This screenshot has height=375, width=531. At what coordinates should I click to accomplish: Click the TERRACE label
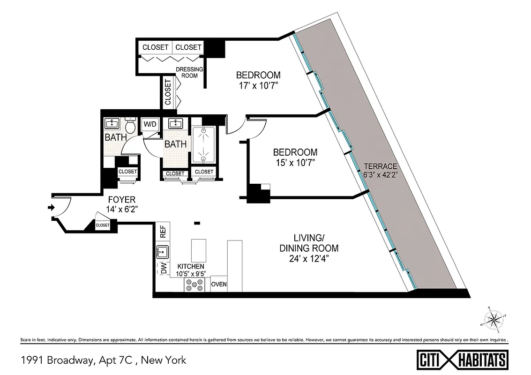point(381,166)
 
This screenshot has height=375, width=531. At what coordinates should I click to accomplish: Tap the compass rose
point(494,320)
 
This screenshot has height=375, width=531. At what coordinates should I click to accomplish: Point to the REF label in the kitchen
point(163,232)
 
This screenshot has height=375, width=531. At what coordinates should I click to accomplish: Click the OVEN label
point(219,285)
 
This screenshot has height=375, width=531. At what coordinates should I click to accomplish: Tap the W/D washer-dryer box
point(150,124)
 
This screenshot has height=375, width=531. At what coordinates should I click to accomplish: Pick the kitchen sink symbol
point(162,252)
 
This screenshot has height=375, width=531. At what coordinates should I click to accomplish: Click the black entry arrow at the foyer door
point(51,208)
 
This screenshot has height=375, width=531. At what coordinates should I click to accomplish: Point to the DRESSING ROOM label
point(189,73)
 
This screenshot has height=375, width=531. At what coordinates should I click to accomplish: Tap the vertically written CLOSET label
point(168,91)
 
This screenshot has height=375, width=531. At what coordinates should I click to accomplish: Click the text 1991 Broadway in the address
point(57,360)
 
